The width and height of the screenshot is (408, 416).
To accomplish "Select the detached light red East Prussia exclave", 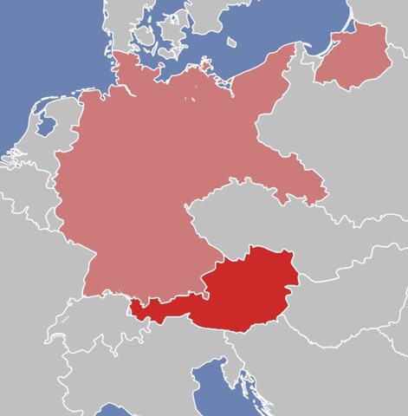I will tap(353, 55).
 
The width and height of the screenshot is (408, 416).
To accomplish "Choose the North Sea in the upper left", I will tap(35, 52).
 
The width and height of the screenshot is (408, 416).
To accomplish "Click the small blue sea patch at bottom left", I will tap(113, 409).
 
